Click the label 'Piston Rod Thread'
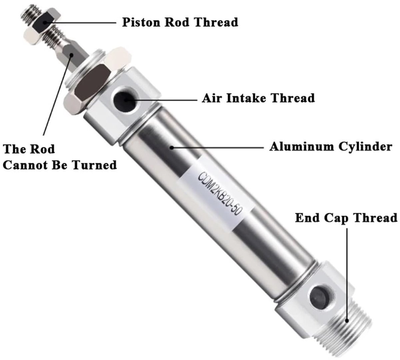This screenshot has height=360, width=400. (x=180, y=22)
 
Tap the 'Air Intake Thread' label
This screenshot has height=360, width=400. (x=258, y=98)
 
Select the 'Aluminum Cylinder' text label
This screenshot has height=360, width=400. (x=331, y=147)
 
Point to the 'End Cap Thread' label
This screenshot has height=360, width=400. (x=346, y=218)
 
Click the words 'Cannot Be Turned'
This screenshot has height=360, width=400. (x=60, y=165)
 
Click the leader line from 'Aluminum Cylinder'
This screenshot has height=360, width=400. (x=217, y=148)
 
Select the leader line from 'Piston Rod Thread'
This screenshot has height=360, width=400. (x=80, y=22)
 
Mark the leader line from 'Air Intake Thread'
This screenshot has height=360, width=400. (x=161, y=99)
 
